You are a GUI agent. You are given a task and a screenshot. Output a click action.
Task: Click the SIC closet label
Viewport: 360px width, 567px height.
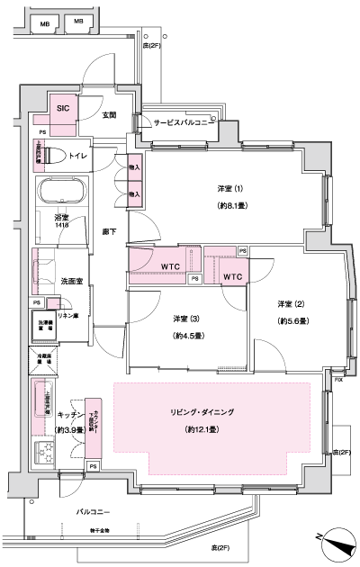tap(62, 108)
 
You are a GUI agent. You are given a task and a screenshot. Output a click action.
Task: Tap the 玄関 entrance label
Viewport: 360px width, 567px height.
tap(110, 115)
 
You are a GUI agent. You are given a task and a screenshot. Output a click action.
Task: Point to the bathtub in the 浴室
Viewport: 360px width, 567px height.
tap(60, 193)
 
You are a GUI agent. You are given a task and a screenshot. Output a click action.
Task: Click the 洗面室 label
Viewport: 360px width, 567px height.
tap(73, 282)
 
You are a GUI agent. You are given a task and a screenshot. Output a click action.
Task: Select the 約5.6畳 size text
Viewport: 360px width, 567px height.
tap(293, 320)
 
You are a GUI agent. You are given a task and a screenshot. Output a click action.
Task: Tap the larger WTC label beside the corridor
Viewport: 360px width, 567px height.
tap(172, 267)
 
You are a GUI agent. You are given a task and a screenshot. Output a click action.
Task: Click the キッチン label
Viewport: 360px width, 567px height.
tap(69, 415)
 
